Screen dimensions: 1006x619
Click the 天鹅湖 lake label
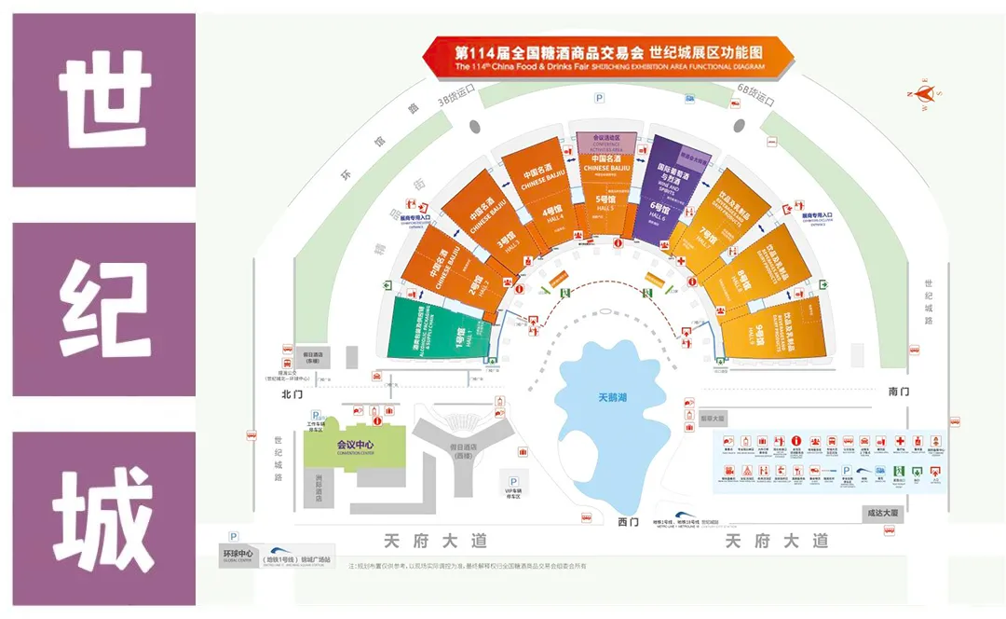[x=612, y=397]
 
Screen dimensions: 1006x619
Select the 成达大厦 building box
[x=881, y=513]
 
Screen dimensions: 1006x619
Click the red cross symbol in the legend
[x=901, y=441]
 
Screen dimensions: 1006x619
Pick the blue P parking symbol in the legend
[x=847, y=472]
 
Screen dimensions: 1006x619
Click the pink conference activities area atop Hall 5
[x=605, y=143]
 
